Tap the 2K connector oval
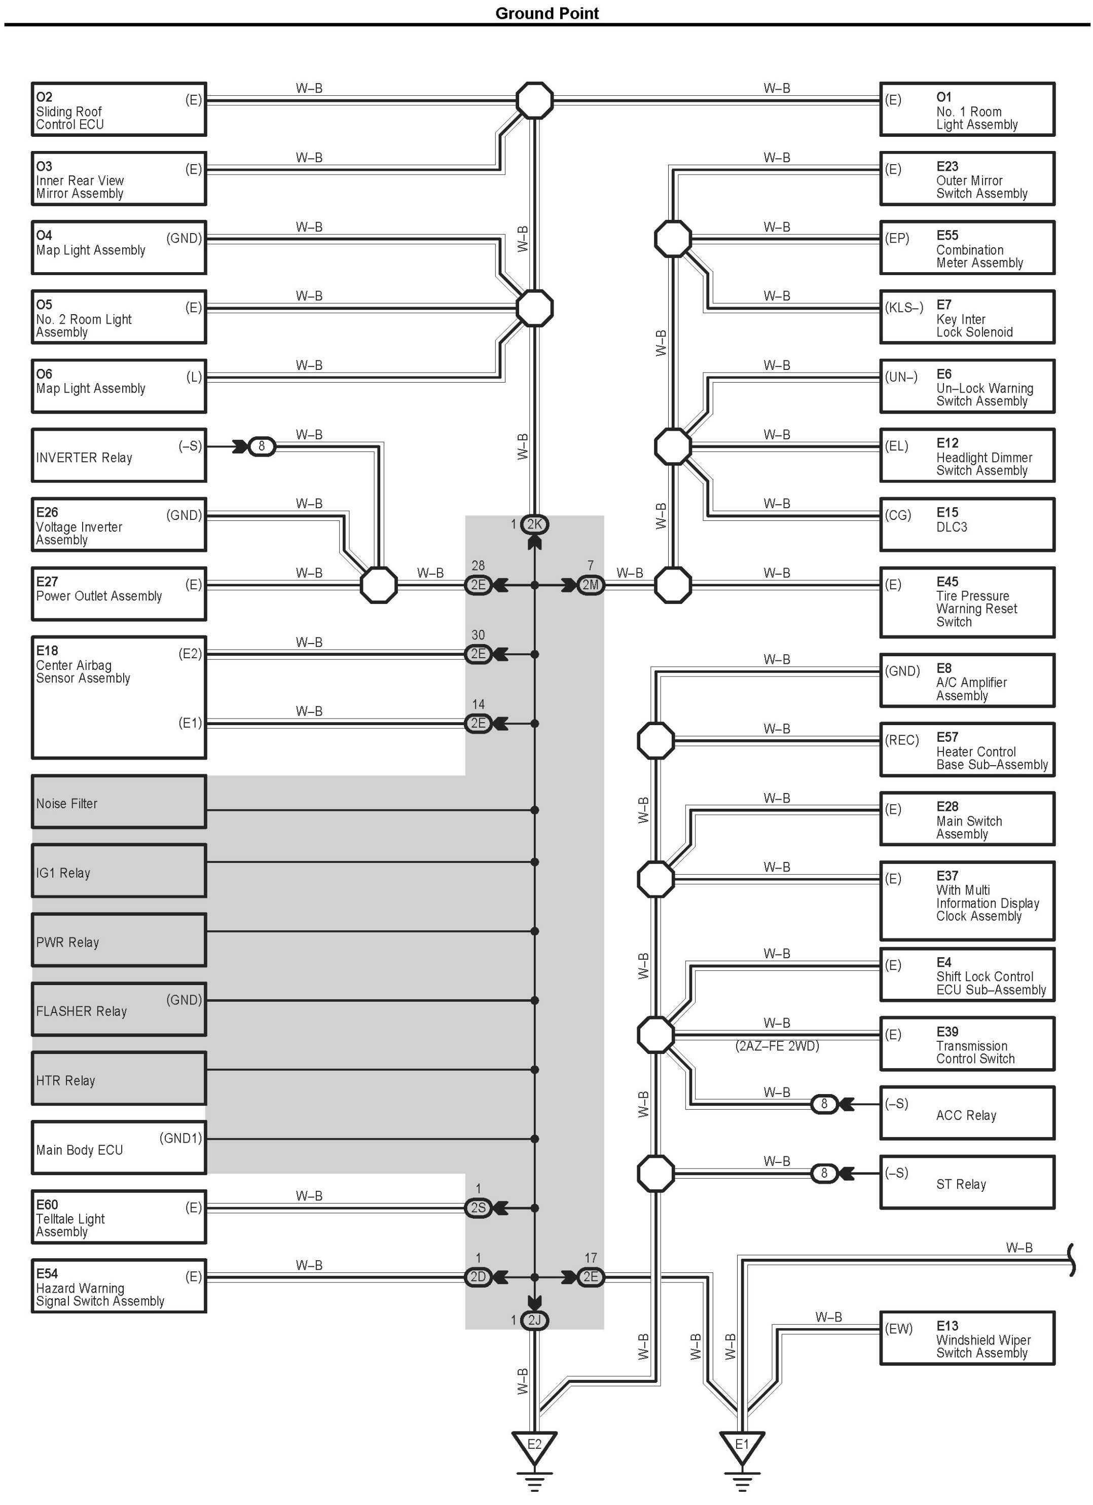coord(534,524)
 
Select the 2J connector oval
coord(534,1321)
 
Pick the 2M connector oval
coord(590,585)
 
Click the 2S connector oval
coord(478,1208)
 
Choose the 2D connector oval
coord(478,1277)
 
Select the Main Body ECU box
coord(119,1147)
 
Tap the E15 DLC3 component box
coord(967,524)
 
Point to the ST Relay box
coord(967,1182)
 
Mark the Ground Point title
coord(546,13)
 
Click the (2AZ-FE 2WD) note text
coord(777,1046)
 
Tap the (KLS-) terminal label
coord(904,307)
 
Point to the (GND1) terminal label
coord(180,1138)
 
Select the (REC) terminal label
coord(902,740)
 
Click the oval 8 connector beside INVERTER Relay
coord(262,446)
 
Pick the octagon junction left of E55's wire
coord(673,239)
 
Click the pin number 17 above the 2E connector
coord(590,1258)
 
